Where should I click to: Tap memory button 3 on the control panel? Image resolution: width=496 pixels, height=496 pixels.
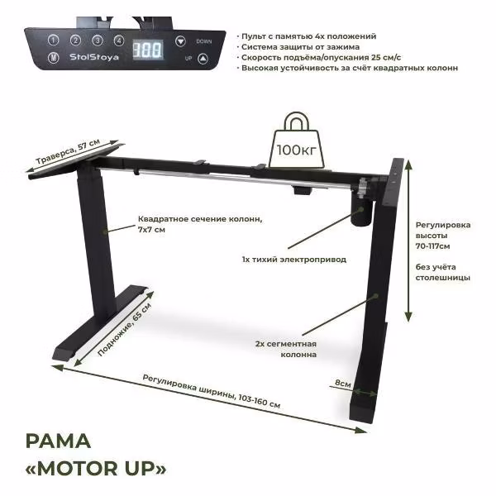[98, 41]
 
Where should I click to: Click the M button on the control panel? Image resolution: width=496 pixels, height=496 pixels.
[54, 58]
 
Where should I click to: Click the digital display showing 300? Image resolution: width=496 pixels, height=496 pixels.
[148, 50]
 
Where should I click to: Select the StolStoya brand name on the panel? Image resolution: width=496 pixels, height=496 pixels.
[94, 57]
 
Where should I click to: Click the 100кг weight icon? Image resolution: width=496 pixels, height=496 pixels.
[297, 141]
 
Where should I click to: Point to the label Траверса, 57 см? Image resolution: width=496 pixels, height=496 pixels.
[68, 151]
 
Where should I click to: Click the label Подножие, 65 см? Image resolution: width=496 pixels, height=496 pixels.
[125, 329]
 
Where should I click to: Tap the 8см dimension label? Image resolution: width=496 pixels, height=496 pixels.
[343, 383]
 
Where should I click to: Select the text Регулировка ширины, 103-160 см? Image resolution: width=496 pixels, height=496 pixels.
[212, 391]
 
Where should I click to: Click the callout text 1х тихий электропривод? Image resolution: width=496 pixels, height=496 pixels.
[294, 260]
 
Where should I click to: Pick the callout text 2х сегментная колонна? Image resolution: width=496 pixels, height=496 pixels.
[286, 349]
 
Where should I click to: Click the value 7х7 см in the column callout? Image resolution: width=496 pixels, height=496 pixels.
[151, 230]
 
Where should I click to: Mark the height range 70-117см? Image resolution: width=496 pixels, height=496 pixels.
[432, 246]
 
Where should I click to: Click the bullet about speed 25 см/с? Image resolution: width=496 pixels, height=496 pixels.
[321, 58]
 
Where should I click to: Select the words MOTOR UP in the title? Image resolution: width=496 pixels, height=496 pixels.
[96, 469]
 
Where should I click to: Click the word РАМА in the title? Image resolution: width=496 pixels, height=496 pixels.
[58, 441]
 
